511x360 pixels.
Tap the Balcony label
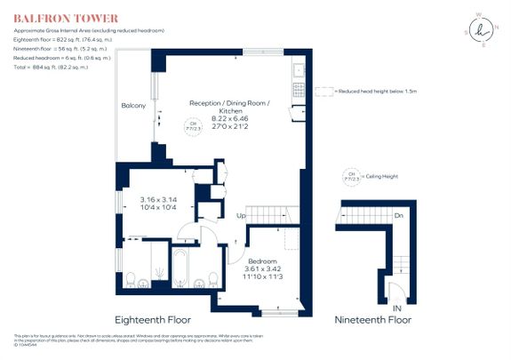133,107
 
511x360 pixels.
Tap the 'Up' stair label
240,216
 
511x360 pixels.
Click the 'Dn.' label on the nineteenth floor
400,215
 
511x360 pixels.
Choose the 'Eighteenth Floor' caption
153,319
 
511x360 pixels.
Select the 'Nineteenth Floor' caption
373,319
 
